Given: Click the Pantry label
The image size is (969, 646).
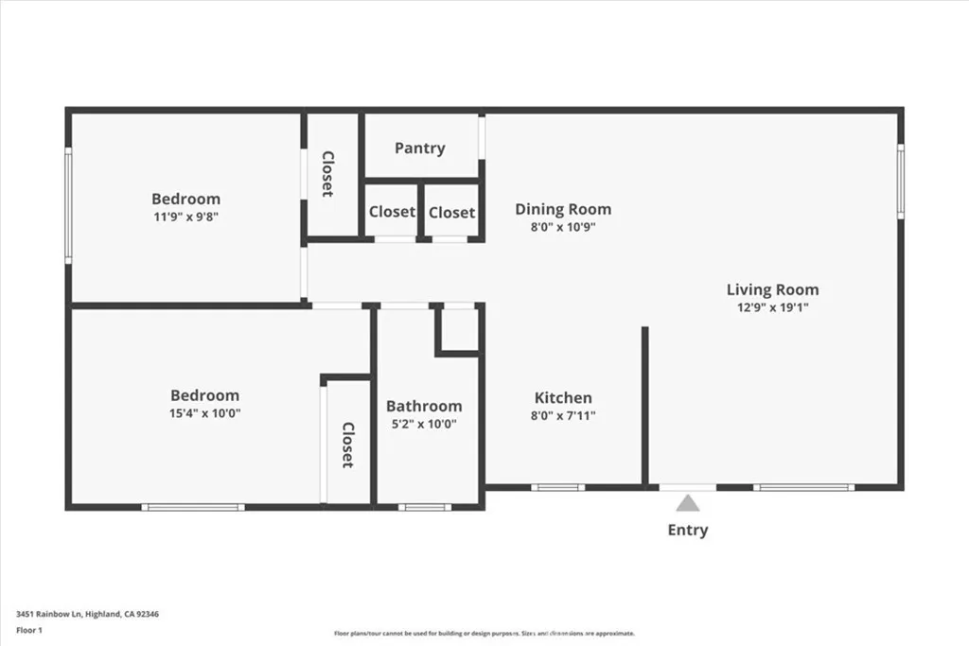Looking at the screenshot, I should [x=419, y=148].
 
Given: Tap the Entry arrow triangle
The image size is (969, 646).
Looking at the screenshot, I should [x=688, y=503].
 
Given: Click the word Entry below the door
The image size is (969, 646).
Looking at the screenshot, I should [x=688, y=530].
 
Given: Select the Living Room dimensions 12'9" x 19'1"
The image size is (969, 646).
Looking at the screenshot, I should [x=772, y=307].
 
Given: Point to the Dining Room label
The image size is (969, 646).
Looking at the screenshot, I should [x=563, y=209].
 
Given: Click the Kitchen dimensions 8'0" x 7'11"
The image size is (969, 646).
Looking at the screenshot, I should [x=563, y=415].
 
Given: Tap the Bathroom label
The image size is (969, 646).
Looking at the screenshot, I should [x=424, y=406].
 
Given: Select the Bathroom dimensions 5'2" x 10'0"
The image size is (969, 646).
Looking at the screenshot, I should [x=424, y=424].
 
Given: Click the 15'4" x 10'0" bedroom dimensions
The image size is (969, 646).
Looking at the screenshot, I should [x=204, y=412].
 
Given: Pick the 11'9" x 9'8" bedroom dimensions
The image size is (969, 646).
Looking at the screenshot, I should [x=185, y=216].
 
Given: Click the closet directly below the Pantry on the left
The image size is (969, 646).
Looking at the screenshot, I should [x=392, y=212].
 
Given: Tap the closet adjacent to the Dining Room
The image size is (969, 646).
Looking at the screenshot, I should [x=451, y=213].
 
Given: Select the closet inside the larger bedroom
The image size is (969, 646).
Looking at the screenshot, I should [x=347, y=445].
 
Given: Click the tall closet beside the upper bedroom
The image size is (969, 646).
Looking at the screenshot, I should [x=327, y=173].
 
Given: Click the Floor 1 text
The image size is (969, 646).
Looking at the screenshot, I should [x=28, y=630].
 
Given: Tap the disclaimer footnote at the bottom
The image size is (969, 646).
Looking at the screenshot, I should [x=484, y=634].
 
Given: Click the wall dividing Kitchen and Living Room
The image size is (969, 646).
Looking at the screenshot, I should [x=644, y=407].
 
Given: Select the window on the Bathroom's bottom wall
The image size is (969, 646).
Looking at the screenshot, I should [x=424, y=507].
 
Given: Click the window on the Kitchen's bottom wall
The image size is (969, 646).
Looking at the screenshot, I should [x=557, y=487].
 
